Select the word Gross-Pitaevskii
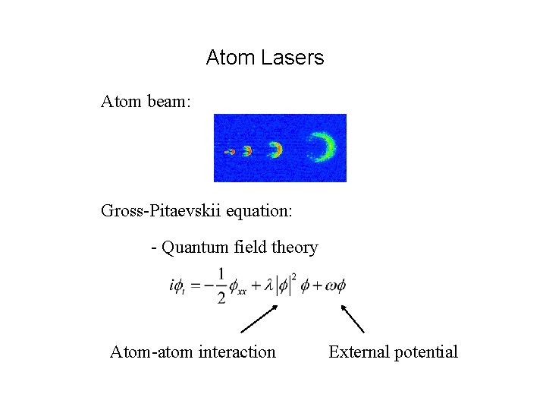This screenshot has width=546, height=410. (159, 210)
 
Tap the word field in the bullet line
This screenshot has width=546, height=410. (254, 248)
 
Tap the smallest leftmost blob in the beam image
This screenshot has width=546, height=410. (230, 152)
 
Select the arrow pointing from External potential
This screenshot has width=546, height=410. (352, 318)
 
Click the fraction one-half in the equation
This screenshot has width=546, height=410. (221, 285)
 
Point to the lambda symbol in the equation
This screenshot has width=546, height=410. (268, 286)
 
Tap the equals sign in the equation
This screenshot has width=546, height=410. (195, 286)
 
